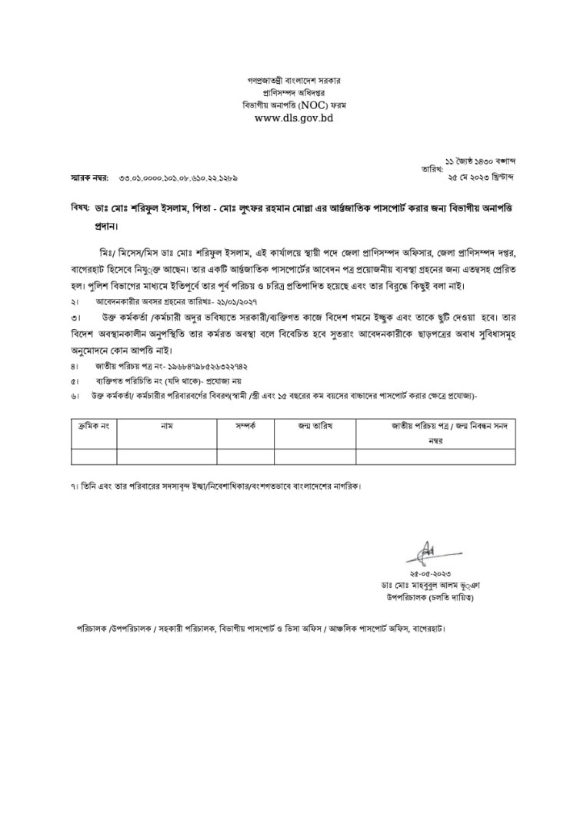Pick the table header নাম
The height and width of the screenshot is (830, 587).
[x=166, y=425]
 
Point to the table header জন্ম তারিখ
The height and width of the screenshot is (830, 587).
[x=315, y=425]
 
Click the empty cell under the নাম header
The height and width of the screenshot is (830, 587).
[x=166, y=456]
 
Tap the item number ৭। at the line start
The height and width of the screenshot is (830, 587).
[x=72, y=486]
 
